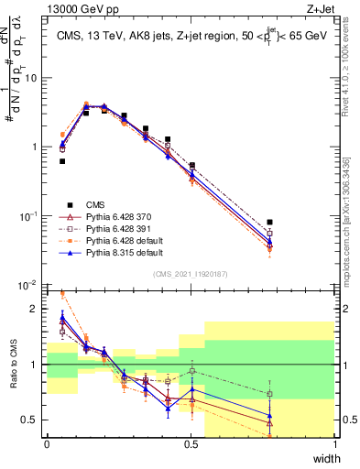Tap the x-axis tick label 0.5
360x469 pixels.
pyautogui.click(x=191, y=445)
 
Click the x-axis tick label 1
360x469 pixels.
pyautogui.click(x=333, y=445)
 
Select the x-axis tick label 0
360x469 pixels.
pyautogui.click(x=47, y=445)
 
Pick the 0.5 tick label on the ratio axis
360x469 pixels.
pyautogui.click(x=33, y=420)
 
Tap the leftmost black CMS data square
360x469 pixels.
pyautogui.click(x=62, y=161)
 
